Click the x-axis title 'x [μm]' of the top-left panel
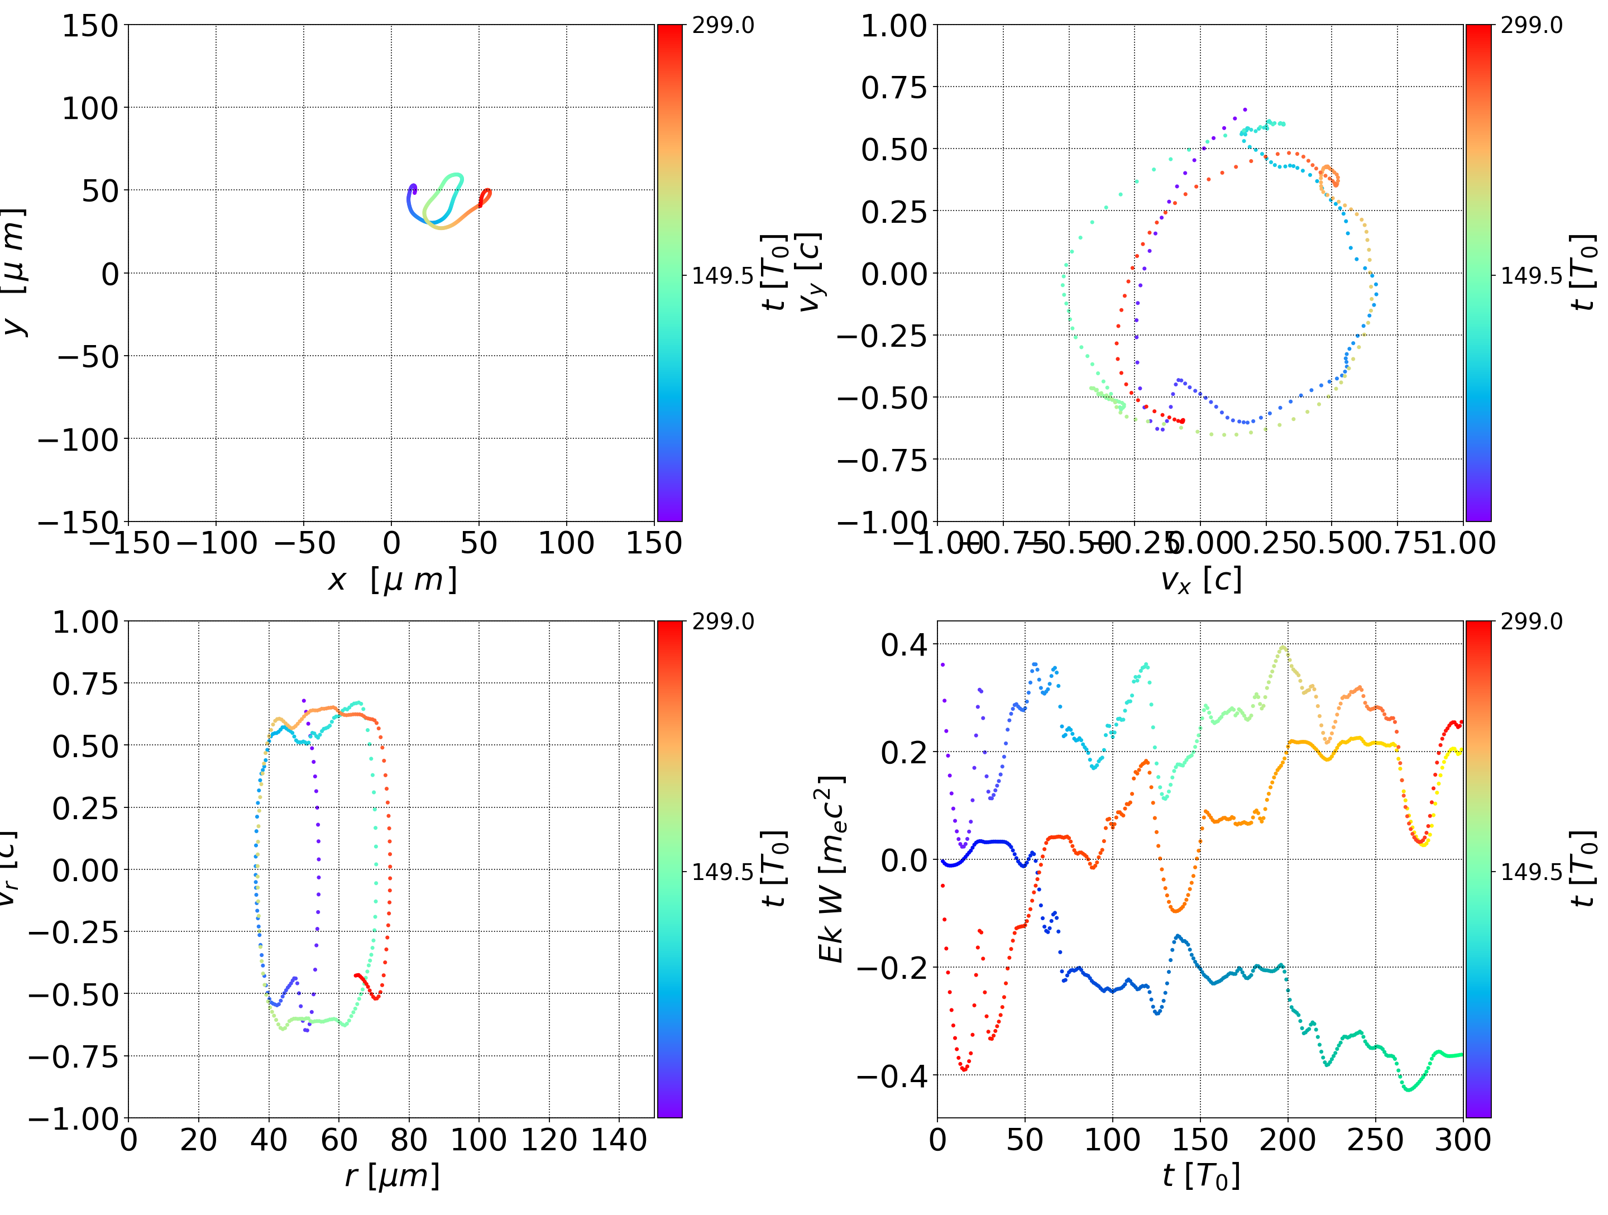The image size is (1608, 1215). click(392, 580)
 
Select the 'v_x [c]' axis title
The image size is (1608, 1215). click(1201, 580)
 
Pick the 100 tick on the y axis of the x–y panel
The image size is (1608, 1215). click(89, 108)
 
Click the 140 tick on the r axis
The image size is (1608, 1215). click(619, 1140)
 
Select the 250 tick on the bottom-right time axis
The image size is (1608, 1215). click(1375, 1140)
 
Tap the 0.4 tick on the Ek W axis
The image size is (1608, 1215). click(904, 644)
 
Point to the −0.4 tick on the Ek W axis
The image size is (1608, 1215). click(893, 1075)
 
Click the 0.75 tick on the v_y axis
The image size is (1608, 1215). click(894, 87)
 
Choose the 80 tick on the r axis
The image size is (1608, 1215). click(409, 1140)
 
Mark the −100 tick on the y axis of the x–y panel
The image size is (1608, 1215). click(78, 440)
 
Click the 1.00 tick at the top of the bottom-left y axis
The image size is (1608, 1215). click(85, 623)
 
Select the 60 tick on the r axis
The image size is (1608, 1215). click(339, 1140)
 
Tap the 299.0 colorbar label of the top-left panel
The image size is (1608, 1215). click(722, 26)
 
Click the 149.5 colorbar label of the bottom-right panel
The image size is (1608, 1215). click(1531, 871)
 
